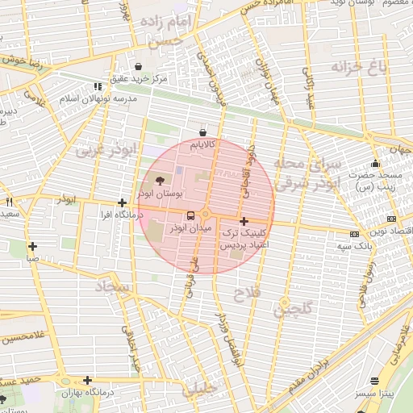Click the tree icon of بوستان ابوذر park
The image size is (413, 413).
click(158, 180)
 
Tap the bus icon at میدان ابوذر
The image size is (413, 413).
click(190, 215)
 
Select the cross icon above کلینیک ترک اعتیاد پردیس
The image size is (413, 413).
click(244, 220)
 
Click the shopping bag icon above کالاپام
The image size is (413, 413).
click(202, 132)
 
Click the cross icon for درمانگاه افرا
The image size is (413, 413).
click(122, 203)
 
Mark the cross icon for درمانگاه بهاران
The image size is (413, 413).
click(87, 380)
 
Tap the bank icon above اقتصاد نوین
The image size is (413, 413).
click(392, 219)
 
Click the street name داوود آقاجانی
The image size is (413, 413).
click(247, 172)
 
